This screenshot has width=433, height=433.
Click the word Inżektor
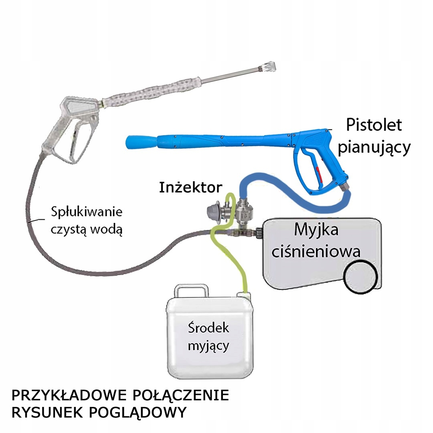[190, 187]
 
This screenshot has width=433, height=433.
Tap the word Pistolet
[374, 125]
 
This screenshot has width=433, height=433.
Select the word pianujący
[374, 147]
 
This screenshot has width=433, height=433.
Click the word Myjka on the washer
[316, 231]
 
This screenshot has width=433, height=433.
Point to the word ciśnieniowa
[316, 251]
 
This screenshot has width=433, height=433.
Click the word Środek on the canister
[208, 328]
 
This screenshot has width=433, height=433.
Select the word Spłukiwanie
[87, 212]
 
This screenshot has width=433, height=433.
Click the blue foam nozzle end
[136, 141]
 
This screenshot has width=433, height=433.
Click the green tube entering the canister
[243, 285]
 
